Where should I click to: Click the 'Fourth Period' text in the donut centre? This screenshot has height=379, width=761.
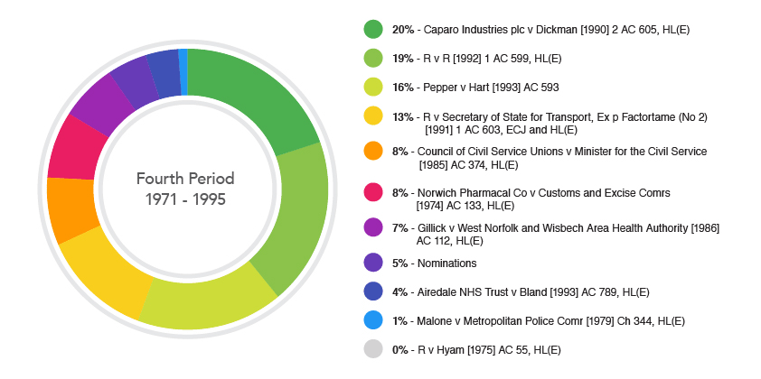[x=186, y=178]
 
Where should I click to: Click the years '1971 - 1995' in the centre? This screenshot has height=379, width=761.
[x=186, y=199]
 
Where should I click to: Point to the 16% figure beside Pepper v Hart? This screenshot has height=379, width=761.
[x=403, y=88]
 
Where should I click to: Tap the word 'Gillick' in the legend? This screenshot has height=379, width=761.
[x=430, y=228]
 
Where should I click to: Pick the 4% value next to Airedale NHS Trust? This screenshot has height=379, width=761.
[x=400, y=292]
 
